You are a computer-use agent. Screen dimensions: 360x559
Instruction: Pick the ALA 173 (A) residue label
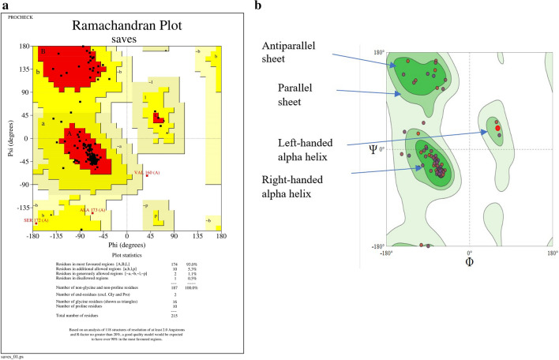(93, 210)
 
